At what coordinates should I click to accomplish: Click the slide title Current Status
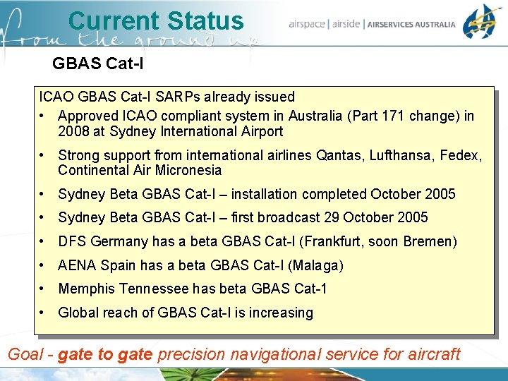click(x=155, y=21)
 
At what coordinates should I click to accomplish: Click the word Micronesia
click(x=189, y=170)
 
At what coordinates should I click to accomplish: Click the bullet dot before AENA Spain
click(x=44, y=265)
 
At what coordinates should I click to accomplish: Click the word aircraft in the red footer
click(x=432, y=353)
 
